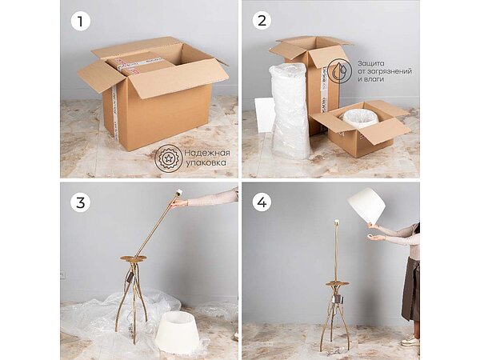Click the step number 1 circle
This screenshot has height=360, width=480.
click(x=78, y=21)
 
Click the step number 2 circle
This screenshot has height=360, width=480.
click(x=262, y=21)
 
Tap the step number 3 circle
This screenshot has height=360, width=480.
click(x=78, y=202)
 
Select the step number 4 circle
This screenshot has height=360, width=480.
click(x=262, y=202)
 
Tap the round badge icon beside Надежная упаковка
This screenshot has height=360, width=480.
click(x=169, y=158)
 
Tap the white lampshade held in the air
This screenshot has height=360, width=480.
click(x=366, y=206)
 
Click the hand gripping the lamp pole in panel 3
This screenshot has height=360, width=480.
click(x=181, y=202)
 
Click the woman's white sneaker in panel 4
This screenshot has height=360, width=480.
click(x=410, y=341)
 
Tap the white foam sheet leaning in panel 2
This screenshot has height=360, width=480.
click(x=265, y=114)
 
